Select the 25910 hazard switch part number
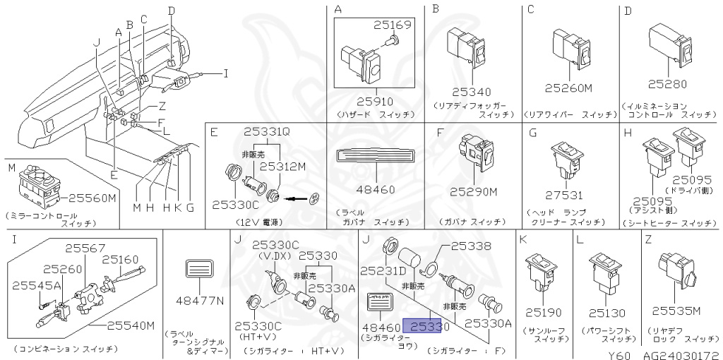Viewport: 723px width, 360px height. click(376, 101)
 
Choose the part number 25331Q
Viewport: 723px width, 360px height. click(267, 131)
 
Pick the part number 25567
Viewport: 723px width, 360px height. click(85, 248)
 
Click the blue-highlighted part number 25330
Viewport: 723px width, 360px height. click(426, 327)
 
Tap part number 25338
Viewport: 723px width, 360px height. click(471, 246)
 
